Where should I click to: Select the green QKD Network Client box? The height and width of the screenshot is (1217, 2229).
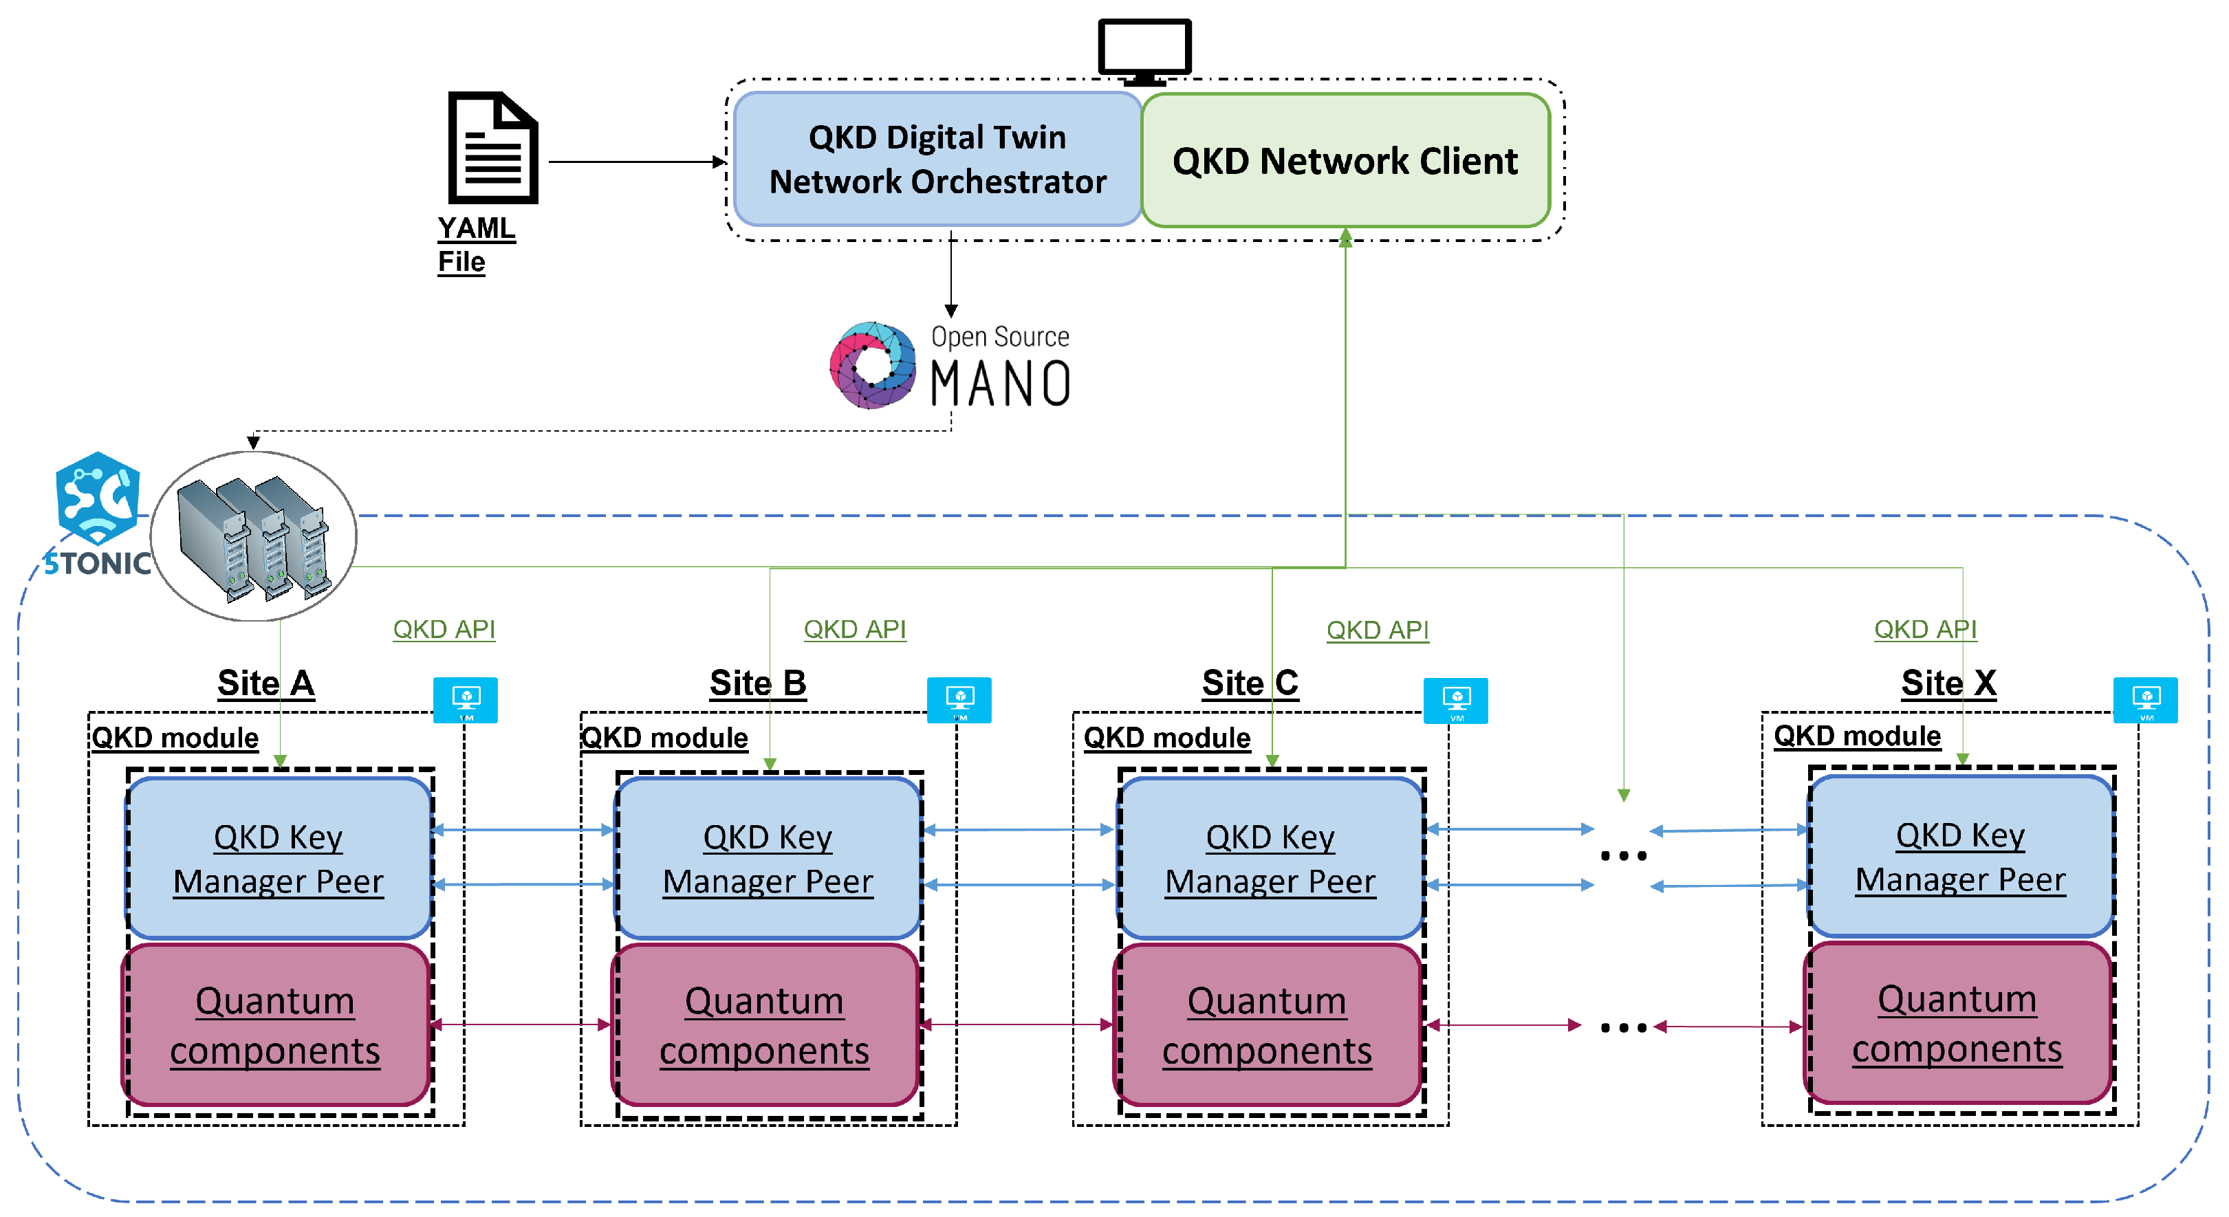1345,161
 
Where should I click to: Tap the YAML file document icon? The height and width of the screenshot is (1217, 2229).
492,148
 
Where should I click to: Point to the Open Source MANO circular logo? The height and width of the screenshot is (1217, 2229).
872,365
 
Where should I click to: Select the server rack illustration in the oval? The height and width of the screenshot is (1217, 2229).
254,536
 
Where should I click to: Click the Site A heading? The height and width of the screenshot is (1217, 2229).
265,683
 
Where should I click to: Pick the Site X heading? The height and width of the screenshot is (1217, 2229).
1948,683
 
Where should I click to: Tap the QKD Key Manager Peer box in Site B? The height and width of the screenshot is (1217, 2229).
768,858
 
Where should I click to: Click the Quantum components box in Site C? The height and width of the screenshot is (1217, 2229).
1268,1025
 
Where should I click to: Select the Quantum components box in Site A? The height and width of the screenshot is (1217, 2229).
276,1025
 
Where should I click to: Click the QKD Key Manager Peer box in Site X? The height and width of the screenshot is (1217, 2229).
1960,856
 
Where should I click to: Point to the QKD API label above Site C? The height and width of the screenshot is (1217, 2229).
1378,630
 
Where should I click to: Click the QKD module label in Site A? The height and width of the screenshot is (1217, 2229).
175,738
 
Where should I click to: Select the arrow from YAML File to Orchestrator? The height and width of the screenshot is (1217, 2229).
636,162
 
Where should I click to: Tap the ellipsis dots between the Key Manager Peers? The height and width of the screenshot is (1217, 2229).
1623,856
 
